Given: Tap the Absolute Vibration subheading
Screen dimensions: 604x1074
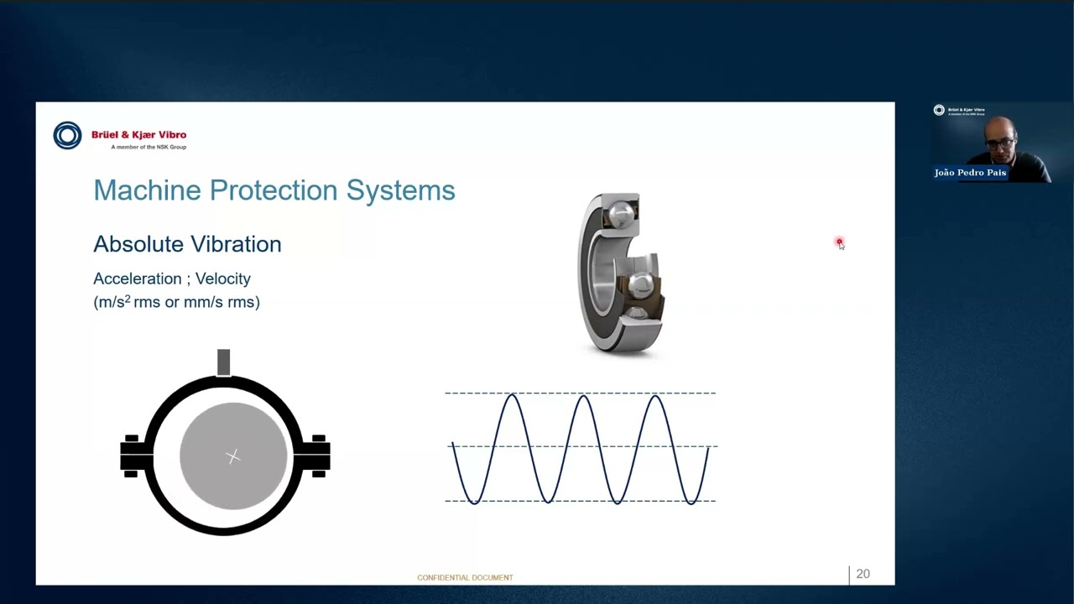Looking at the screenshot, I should pyautogui.click(x=187, y=244).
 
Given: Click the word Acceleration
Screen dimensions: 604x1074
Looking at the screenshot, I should pyautogui.click(x=137, y=279).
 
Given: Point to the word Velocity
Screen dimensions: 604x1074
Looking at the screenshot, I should pyautogui.click(x=222, y=279).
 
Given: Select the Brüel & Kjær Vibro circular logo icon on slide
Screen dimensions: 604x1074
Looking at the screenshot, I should pyautogui.click(x=68, y=135).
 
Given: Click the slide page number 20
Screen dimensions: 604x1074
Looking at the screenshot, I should pyautogui.click(x=863, y=575).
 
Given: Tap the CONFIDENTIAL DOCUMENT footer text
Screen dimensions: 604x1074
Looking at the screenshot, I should pyautogui.click(x=465, y=578).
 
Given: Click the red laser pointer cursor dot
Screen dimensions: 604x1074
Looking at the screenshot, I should pyautogui.click(x=839, y=242).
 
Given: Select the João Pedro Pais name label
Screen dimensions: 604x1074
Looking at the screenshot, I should pyautogui.click(x=970, y=173).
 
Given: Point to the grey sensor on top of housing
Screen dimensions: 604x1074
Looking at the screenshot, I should pyautogui.click(x=223, y=362).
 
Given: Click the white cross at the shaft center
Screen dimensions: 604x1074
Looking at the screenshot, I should pyautogui.click(x=233, y=456).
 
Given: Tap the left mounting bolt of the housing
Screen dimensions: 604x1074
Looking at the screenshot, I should pyautogui.click(x=133, y=456).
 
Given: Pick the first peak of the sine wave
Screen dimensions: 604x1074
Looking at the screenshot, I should pyautogui.click(x=512, y=395).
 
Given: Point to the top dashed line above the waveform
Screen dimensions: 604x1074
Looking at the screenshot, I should pyautogui.click(x=579, y=393).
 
